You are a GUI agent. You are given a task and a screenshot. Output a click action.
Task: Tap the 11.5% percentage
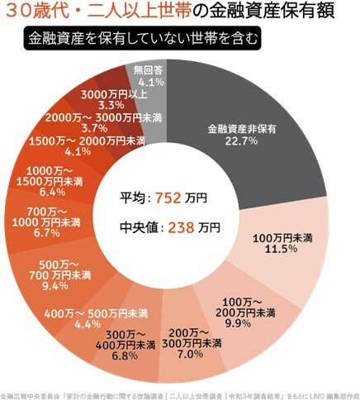pyautogui.click(x=280, y=250)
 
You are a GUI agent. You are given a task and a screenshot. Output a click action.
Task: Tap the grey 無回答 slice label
pyautogui.click(x=149, y=72)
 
